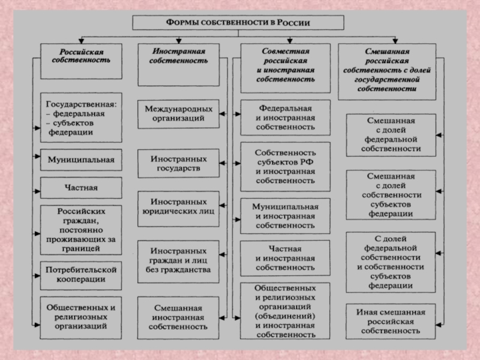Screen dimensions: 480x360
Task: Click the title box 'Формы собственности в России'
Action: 238,23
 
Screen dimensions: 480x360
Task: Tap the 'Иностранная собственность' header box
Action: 178,60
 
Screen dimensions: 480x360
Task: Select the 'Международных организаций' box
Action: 178,114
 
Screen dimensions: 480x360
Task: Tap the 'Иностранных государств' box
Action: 178,164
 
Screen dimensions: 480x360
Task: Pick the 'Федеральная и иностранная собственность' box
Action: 285,118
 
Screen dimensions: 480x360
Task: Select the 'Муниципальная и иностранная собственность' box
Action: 285,215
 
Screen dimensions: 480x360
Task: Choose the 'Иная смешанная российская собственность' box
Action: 394,322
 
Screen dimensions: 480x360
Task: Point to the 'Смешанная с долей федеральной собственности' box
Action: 394,134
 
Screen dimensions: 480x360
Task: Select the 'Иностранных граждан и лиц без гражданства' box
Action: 178,260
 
